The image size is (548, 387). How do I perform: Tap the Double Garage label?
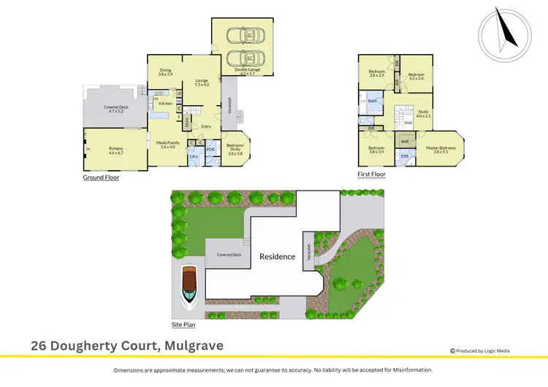(x=246, y=71)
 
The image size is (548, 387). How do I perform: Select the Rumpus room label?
(x=116, y=150)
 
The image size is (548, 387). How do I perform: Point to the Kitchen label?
(x=166, y=103)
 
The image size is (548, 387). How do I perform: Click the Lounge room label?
(x=202, y=82)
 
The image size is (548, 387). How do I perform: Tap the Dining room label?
(x=166, y=72)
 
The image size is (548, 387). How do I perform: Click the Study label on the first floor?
(x=423, y=112)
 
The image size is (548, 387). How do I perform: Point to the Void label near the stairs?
(x=408, y=123)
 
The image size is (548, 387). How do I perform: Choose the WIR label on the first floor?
(x=404, y=141)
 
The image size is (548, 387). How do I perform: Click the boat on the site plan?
(x=189, y=286)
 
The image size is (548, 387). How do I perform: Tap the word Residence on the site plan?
(x=278, y=256)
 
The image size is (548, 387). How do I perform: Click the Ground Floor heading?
(x=102, y=177)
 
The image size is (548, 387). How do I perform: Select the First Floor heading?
(x=371, y=175)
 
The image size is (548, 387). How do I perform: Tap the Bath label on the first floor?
(x=372, y=101)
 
